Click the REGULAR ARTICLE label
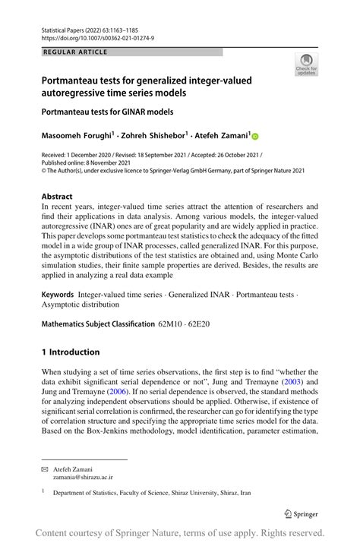(x=77, y=52)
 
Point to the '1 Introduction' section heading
(x=71, y=352)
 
